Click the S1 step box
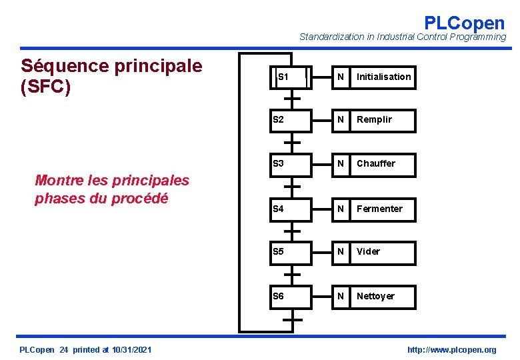291,77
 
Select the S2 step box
291,120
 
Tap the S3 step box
291,164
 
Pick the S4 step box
291,209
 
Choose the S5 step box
291,252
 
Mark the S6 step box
291,297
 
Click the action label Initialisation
383,77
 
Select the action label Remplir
374,120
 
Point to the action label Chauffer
375,164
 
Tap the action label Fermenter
379,209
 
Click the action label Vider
368,252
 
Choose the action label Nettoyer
375,297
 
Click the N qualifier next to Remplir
341,120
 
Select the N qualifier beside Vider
341,252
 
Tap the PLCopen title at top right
464,23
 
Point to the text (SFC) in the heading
45,87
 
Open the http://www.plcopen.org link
451,350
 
